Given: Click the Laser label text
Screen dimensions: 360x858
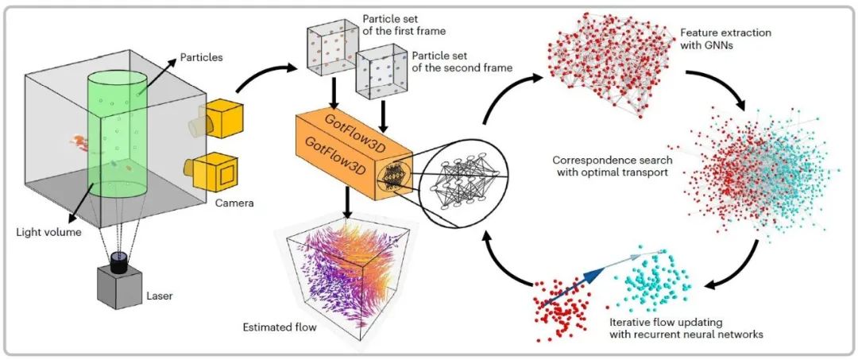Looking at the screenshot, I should (159, 296).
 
